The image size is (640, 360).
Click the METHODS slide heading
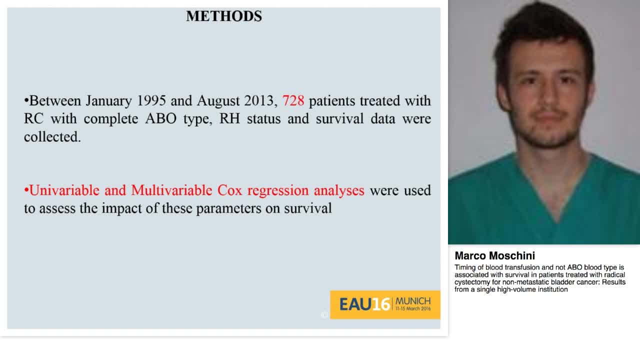coord(224,16)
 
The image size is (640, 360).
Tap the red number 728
coord(293,100)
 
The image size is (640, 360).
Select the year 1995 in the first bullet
coord(151,100)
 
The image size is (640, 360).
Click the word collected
coord(52,137)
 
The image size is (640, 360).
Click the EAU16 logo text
coord(364,304)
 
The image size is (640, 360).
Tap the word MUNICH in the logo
coord(412,301)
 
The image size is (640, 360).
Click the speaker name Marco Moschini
coord(494,256)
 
